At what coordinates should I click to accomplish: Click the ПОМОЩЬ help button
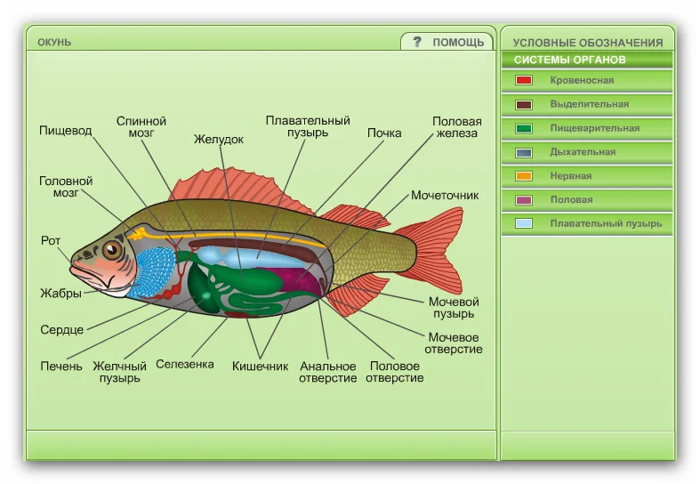point(448,42)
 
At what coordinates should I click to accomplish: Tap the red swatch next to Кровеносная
point(524,80)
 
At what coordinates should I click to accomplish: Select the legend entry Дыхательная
point(583,152)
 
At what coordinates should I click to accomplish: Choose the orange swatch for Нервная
point(524,176)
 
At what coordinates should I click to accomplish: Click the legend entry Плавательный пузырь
point(606,224)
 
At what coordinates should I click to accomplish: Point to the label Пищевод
point(65,130)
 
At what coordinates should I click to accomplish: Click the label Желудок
point(219,140)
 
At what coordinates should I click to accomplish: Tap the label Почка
point(384,133)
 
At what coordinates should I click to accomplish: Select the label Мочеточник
point(445,195)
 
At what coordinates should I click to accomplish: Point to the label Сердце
point(62,329)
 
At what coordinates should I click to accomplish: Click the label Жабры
point(60,293)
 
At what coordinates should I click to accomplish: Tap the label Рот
point(51,240)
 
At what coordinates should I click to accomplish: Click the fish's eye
point(112,250)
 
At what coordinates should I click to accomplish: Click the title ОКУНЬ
point(54,42)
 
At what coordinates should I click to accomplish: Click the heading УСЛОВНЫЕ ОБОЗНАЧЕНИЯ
point(588,42)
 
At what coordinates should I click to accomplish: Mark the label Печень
point(61,366)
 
